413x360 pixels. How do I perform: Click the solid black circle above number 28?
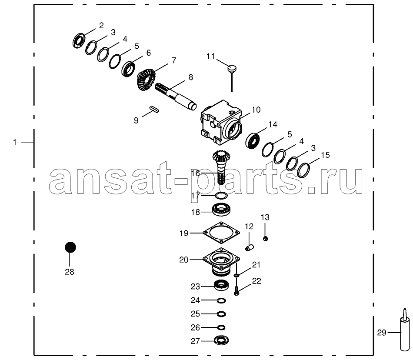(70, 247)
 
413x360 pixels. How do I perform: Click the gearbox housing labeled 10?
(221, 123)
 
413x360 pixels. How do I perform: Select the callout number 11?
(211, 57)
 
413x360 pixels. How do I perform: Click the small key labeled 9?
(154, 109)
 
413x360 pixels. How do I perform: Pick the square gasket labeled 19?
(221, 233)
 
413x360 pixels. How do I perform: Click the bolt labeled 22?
(236, 291)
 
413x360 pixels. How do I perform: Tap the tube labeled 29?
(405, 330)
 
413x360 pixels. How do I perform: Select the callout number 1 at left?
(15, 142)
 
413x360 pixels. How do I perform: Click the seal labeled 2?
(79, 40)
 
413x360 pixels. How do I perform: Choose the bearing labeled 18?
(222, 210)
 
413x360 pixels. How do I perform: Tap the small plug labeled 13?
(266, 239)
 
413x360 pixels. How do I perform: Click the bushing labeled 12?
(249, 247)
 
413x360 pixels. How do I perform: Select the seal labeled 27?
(222, 340)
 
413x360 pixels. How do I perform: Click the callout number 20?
(184, 260)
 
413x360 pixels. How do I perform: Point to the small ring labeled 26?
(221, 327)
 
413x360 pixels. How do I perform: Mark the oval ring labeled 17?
(221, 195)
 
